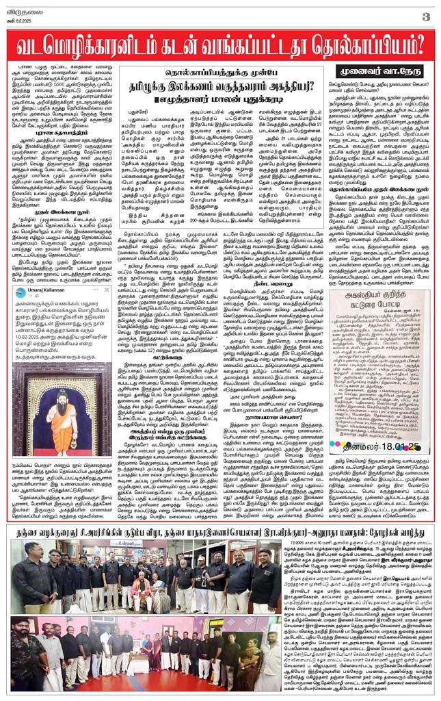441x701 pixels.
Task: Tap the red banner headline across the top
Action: point(220,42)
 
